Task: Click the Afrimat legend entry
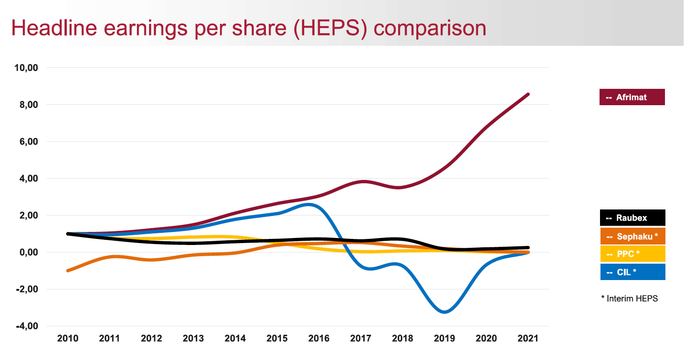(x=632, y=97)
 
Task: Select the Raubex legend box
(x=632, y=218)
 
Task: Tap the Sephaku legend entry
(x=632, y=236)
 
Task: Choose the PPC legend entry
(x=632, y=254)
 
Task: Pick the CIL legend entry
(x=632, y=272)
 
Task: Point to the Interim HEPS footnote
(x=629, y=299)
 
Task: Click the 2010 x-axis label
(x=69, y=338)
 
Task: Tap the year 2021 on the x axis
(x=529, y=338)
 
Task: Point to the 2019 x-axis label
(x=445, y=338)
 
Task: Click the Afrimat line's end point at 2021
(x=528, y=94)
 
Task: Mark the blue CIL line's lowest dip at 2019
(x=445, y=312)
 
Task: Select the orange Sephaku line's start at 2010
(x=69, y=270)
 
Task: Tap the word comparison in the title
(x=430, y=28)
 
